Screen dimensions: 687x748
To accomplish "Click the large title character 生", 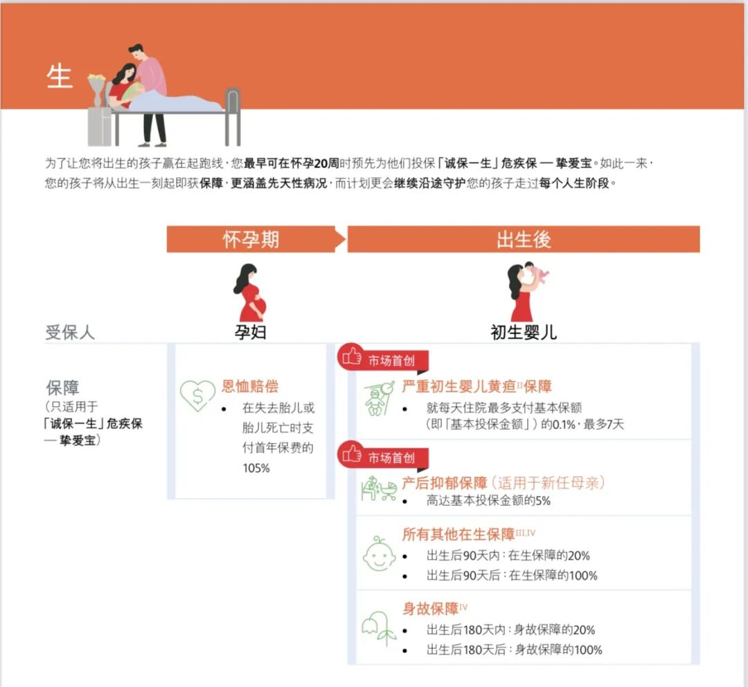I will pyautogui.click(x=60, y=77).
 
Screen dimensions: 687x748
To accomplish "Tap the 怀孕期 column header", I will pyautogui.click(x=251, y=239).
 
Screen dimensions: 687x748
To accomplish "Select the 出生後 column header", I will pyautogui.click(x=524, y=239).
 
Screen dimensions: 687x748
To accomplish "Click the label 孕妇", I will pyautogui.click(x=250, y=332).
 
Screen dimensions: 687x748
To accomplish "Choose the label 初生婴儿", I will pyautogui.click(x=524, y=332).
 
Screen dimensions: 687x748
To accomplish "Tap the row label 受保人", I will pyautogui.click(x=70, y=332).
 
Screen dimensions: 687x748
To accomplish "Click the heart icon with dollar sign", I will pyautogui.click(x=197, y=396).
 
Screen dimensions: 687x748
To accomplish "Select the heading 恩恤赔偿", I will pyautogui.click(x=250, y=387).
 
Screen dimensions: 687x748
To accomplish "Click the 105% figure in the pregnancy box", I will pyautogui.click(x=256, y=468).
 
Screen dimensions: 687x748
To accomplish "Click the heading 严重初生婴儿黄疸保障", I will pyautogui.click(x=477, y=387).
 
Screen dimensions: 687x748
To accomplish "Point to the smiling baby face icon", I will pyautogui.click(x=379, y=553).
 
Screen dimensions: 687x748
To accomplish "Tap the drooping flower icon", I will pyautogui.click(x=379, y=627).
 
